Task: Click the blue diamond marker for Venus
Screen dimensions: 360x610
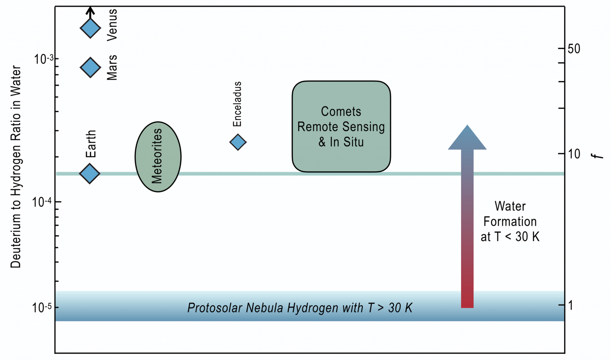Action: click(91, 28)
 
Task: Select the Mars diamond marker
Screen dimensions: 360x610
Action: click(91, 67)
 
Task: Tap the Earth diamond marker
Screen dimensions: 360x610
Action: click(90, 173)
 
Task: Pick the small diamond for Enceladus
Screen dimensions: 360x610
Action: click(238, 142)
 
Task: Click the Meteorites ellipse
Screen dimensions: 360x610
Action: click(158, 157)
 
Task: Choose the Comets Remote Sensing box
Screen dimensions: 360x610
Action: click(341, 126)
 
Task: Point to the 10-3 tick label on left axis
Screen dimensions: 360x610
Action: click(44, 59)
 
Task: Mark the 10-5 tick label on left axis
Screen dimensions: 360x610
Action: click(42, 308)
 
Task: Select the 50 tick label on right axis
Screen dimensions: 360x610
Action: click(573, 49)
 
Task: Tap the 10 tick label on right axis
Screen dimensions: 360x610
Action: click(573, 154)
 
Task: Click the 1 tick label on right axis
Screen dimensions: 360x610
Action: click(571, 305)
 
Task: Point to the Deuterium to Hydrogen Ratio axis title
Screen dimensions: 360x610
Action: click(16, 167)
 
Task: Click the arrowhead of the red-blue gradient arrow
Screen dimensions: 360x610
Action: click(467, 138)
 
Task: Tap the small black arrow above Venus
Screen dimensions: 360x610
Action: click(91, 12)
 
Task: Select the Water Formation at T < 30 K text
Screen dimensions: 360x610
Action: click(510, 221)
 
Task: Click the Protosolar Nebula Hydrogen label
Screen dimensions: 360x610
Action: click(300, 308)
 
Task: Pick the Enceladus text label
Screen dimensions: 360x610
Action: click(237, 104)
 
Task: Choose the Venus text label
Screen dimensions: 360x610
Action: click(112, 25)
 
